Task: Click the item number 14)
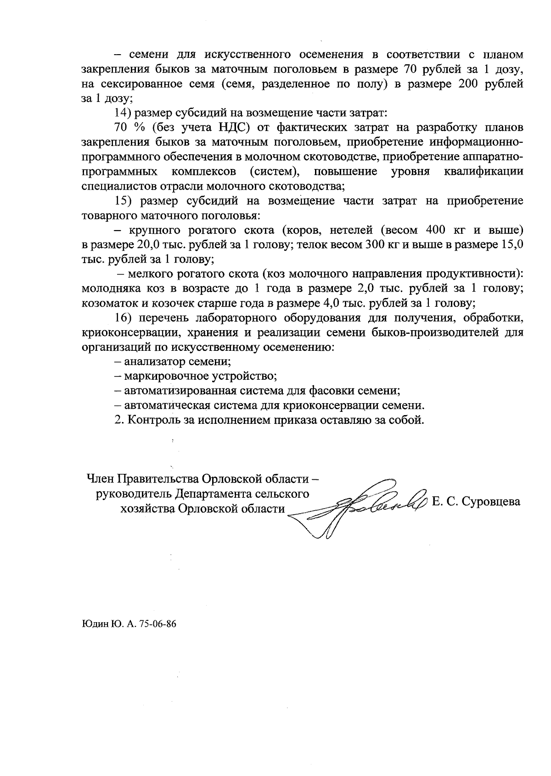pos(123,112)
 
